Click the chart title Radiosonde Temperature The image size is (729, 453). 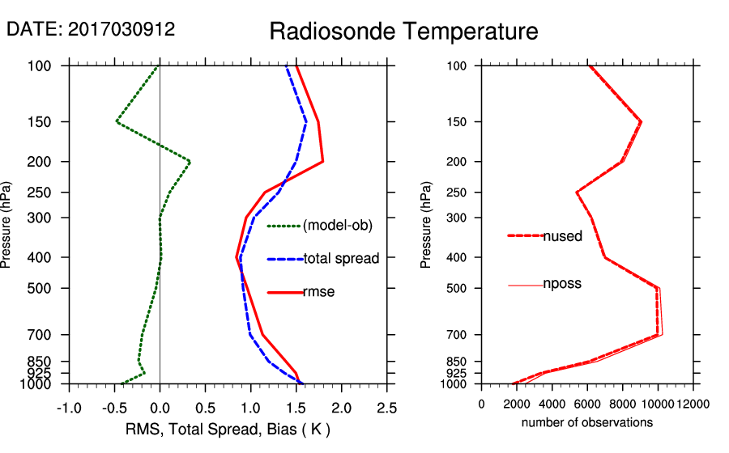coord(403,32)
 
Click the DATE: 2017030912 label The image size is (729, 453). coord(91,29)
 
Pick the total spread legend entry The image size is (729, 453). coord(341,259)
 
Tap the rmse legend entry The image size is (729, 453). coord(318,292)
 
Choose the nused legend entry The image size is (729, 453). coord(562,236)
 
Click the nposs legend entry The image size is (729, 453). coord(562,284)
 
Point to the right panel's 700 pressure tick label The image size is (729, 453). coord(459,335)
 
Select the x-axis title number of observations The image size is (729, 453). coord(587,422)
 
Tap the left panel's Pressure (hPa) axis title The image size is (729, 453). coord(7,224)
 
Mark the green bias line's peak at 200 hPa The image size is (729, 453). coord(190,162)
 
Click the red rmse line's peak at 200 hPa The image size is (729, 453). coord(323,162)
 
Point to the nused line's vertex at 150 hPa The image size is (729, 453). coord(641,122)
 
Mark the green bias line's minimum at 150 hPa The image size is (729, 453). coord(117,122)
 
